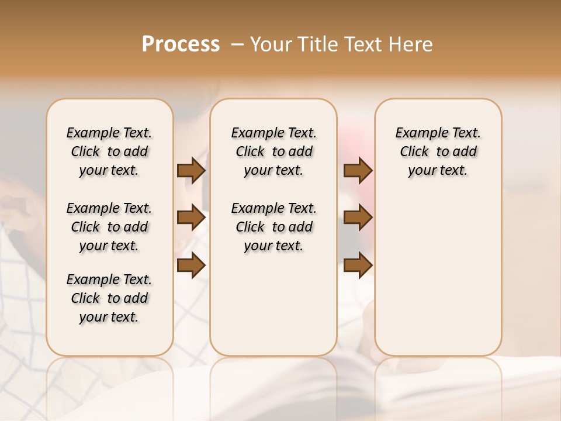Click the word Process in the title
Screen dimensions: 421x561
coord(181,44)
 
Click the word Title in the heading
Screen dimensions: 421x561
coord(317,44)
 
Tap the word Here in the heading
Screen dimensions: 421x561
coord(411,44)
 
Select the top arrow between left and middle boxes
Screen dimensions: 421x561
coord(191,170)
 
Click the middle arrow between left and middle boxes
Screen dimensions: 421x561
coord(191,218)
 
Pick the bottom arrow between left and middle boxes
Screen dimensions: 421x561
coord(191,265)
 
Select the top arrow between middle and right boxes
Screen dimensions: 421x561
coord(358,170)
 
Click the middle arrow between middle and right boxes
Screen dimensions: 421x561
coord(358,218)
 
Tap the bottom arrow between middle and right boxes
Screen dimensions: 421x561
coord(358,265)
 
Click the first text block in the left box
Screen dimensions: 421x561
coord(109,151)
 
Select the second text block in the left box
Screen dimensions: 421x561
coord(109,227)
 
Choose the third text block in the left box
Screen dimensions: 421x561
coord(109,298)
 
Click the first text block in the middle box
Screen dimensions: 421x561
coord(273,151)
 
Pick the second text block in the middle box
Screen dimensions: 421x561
coord(273,227)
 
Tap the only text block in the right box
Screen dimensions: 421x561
coord(438,151)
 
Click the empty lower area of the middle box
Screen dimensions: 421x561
coord(273,304)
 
